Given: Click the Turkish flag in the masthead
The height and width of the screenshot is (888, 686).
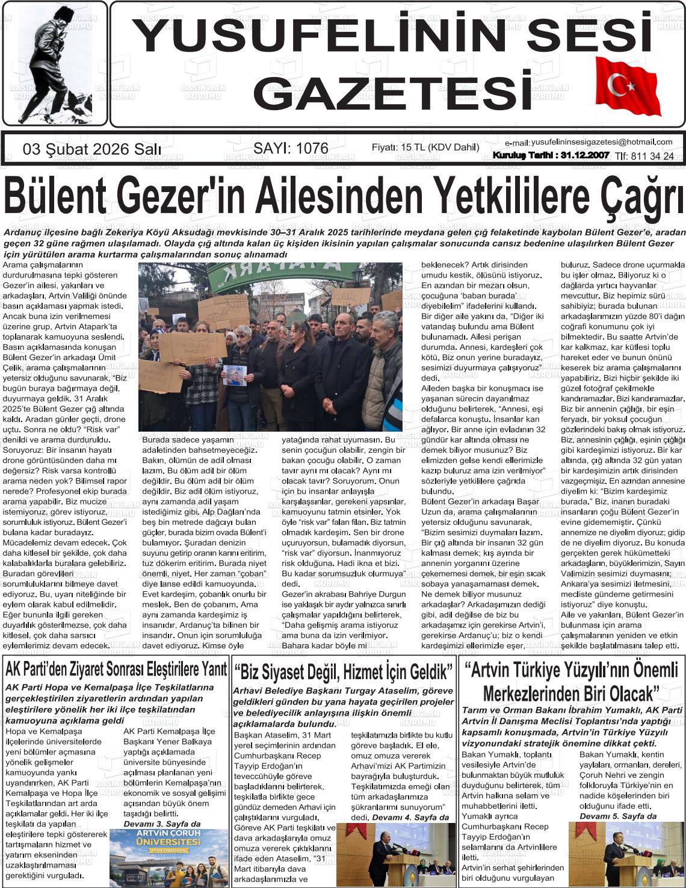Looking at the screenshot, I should (x=627, y=85).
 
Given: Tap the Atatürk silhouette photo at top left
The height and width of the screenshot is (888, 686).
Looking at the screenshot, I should (x=54, y=63).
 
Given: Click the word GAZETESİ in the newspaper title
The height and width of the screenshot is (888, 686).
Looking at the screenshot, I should (x=392, y=92).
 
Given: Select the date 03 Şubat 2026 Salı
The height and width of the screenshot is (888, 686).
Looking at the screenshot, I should (x=91, y=149).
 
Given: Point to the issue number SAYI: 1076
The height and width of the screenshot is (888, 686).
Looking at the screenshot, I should (x=291, y=148).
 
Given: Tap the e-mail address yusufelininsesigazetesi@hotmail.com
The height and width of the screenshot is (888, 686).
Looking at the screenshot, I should (x=601, y=142).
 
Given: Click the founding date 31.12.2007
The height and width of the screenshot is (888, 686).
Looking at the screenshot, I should (x=584, y=155).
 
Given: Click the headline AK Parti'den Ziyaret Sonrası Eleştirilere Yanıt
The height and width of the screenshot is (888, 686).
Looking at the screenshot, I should (x=116, y=668).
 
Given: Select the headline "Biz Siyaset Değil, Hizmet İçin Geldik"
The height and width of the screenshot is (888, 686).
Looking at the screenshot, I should (x=344, y=671).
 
